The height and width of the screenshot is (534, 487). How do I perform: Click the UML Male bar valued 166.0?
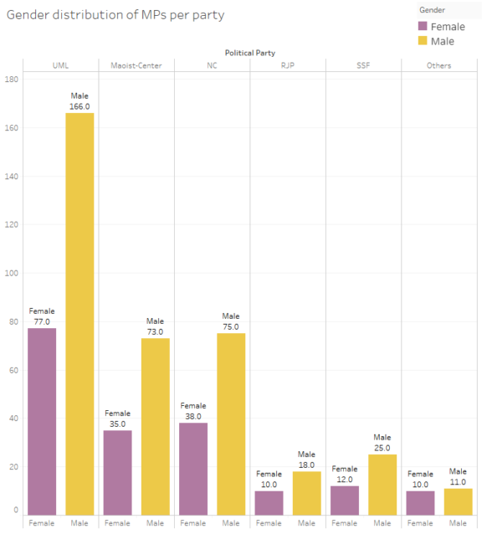(x=79, y=314)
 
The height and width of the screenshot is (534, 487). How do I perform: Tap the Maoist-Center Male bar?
(x=156, y=426)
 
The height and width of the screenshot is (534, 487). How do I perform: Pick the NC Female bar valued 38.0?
(x=193, y=469)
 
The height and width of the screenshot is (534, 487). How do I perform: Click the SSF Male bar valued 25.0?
(x=382, y=485)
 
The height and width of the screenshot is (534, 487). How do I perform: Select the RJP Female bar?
(x=269, y=502)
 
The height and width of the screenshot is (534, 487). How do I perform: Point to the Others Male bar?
(x=458, y=501)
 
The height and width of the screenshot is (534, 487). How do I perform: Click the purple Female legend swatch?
(x=423, y=26)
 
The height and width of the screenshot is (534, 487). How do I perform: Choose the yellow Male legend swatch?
(x=423, y=40)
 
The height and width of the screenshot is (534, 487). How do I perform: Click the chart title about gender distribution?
(x=115, y=15)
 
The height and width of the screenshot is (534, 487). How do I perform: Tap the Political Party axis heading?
(x=249, y=53)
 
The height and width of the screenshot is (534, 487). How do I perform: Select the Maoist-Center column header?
(x=136, y=65)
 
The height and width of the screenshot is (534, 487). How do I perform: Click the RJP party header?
(x=287, y=65)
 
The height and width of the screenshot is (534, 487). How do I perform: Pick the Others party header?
(x=438, y=65)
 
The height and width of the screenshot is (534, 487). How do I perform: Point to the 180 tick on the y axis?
(x=12, y=80)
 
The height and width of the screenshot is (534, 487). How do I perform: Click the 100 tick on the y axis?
(x=12, y=273)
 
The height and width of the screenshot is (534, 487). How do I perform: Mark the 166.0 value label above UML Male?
(x=79, y=106)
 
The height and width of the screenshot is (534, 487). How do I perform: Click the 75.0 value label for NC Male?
(x=231, y=326)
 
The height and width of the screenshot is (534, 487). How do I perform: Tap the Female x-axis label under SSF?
(x=344, y=523)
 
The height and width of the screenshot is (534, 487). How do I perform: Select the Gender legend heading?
(x=432, y=9)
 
